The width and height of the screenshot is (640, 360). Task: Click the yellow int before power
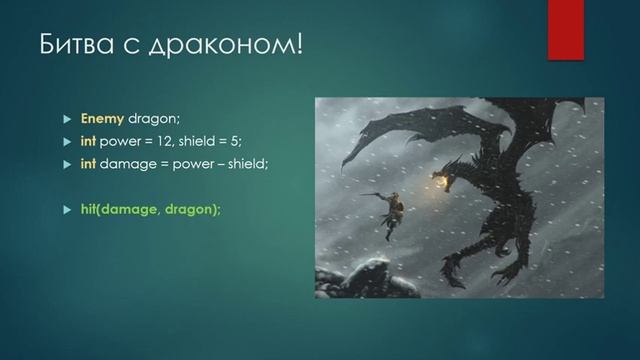pyautogui.click(x=88, y=141)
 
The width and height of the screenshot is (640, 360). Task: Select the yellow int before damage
pyautogui.click(x=88, y=163)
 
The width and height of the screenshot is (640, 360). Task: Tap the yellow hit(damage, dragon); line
pyautogui.click(x=151, y=208)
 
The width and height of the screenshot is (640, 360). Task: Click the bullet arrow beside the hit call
pyautogui.click(x=68, y=209)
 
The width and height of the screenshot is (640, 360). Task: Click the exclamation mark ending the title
pyautogui.click(x=297, y=45)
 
